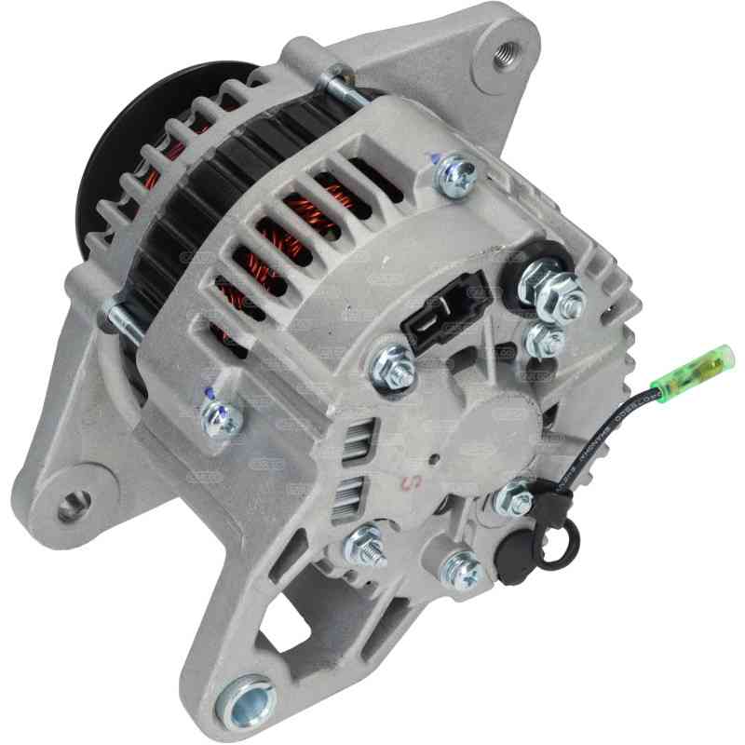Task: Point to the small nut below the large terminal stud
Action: [x=546, y=338]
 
